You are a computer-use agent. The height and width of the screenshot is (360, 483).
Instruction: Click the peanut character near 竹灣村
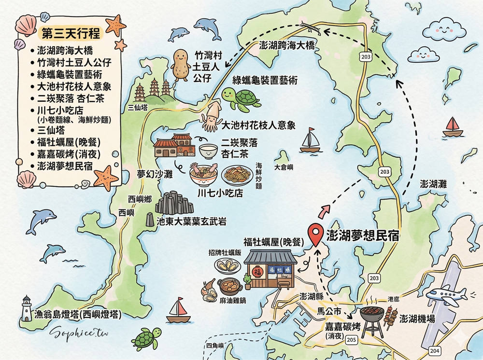coord(181,65)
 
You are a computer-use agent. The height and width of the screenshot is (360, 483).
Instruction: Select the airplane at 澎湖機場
coord(449,296)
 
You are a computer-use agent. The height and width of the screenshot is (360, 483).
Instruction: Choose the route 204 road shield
coord(434,351)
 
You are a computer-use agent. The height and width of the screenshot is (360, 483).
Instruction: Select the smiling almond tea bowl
coord(208,151)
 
